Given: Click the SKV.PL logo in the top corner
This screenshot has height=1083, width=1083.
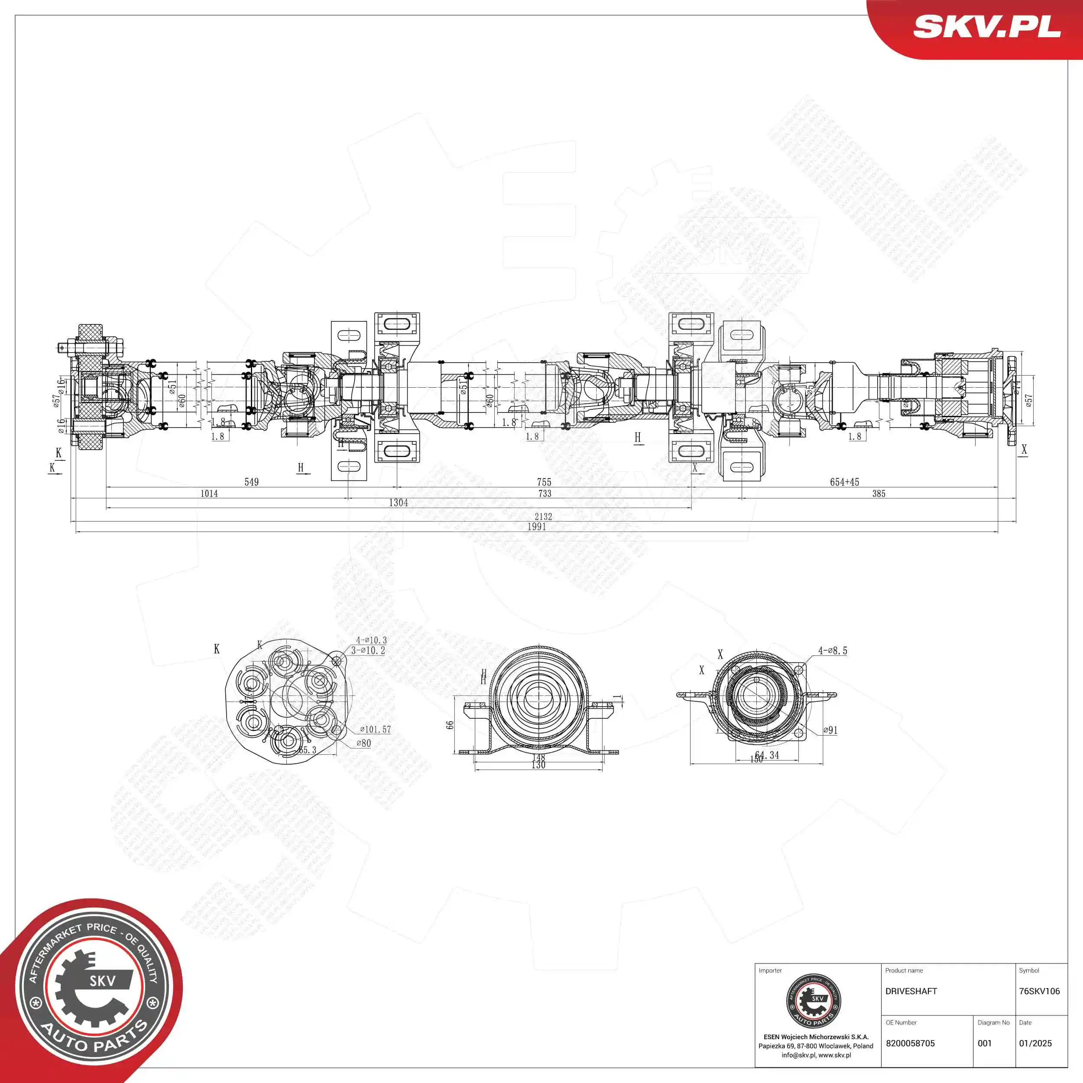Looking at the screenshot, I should [x=986, y=27].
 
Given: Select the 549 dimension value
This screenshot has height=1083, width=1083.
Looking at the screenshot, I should [x=252, y=482].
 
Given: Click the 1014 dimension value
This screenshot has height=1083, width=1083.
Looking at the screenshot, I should [x=209, y=494].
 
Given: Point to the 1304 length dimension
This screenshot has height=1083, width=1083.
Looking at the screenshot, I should [x=399, y=503].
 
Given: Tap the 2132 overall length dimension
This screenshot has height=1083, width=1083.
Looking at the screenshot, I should [x=543, y=517].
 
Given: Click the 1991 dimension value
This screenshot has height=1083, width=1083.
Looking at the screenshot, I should [x=536, y=527].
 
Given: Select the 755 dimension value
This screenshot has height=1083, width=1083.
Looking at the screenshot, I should [x=544, y=482].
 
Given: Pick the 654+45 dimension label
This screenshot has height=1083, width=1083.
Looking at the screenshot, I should [x=844, y=482].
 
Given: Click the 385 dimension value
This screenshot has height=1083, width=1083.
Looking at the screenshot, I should [x=879, y=494].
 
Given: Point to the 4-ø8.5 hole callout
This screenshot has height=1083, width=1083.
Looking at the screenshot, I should [x=833, y=651].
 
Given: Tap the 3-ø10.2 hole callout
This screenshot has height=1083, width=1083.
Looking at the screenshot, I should [x=368, y=651].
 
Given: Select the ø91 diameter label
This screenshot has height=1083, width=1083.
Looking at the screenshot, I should [x=830, y=730].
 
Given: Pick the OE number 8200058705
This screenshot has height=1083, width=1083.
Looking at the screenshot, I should [x=910, y=1043].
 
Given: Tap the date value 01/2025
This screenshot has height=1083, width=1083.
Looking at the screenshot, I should [x=1035, y=1043].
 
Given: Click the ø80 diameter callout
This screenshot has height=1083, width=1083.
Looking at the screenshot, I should [x=364, y=743].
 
